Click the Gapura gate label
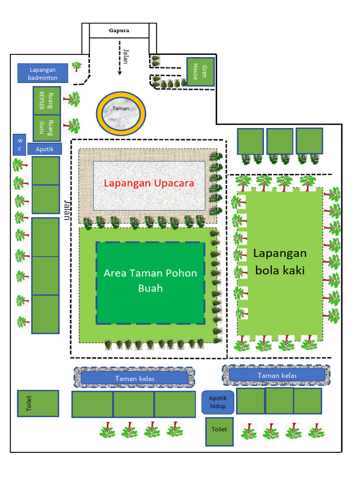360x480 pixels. point(119,31)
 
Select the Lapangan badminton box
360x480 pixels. point(43,74)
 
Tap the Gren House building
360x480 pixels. point(201,72)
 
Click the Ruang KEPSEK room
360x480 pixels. point(46,100)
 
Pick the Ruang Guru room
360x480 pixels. point(46,128)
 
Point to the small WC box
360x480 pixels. point(20,144)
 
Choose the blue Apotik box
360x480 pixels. point(45,150)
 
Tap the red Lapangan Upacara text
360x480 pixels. point(149,183)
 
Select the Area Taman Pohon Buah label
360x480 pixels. point(150,280)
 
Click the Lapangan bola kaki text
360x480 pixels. point(280,262)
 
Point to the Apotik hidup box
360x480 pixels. point(217,402)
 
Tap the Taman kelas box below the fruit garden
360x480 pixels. point(135,378)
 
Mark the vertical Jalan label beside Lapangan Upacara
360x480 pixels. point(67,210)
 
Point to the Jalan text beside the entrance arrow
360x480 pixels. point(127,57)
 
